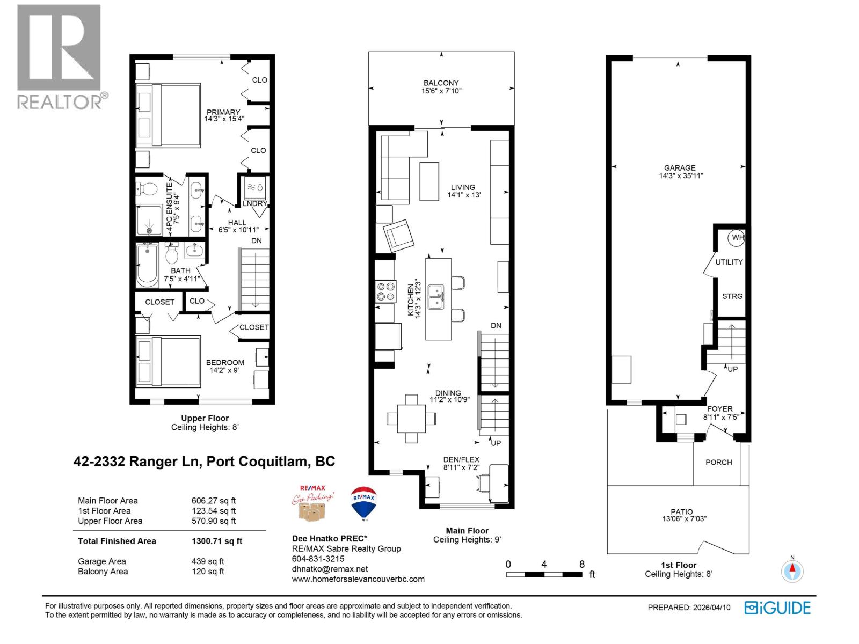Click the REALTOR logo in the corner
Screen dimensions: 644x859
[x=59, y=56]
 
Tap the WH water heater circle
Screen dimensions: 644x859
[x=737, y=237]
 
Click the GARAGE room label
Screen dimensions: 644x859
[x=680, y=168]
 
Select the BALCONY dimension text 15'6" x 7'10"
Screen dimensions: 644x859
[x=441, y=91]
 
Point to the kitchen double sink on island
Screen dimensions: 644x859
[x=436, y=298]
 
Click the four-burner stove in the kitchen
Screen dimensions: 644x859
[x=385, y=291]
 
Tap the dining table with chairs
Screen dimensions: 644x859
[x=412, y=418]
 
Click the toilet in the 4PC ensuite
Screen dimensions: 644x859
[x=147, y=189]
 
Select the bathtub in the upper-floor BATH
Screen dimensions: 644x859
[x=147, y=266]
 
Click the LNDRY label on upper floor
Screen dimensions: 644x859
[x=254, y=203]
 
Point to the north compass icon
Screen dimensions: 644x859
[x=791, y=570]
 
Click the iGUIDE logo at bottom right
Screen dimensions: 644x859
[x=777, y=608]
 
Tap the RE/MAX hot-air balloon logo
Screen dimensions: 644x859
[x=363, y=503]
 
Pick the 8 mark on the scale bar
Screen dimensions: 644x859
[x=582, y=565]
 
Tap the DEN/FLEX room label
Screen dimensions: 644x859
[x=461, y=459]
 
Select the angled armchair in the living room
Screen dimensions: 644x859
[x=398, y=235]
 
